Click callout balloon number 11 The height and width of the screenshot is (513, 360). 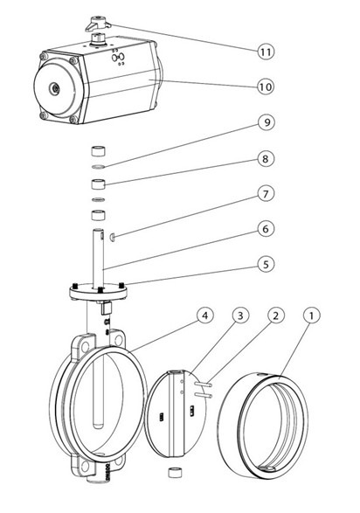(x=266, y=52)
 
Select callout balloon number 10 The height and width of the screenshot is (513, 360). (x=266, y=87)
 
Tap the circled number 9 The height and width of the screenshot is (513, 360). (x=267, y=122)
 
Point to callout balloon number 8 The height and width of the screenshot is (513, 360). (x=266, y=159)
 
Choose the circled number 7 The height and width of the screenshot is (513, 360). (x=266, y=194)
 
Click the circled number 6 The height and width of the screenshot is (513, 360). (x=266, y=229)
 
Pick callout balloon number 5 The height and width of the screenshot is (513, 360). (x=266, y=264)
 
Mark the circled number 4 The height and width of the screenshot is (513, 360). (x=205, y=315)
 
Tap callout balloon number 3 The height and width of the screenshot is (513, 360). (x=240, y=315)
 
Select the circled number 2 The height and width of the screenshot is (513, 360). (x=276, y=315)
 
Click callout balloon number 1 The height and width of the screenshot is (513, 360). (x=312, y=315)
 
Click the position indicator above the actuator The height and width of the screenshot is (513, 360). (x=98, y=24)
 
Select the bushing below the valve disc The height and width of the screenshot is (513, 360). (x=174, y=473)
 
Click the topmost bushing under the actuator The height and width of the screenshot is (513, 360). (x=98, y=151)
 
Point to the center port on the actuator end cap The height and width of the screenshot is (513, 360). (x=54, y=88)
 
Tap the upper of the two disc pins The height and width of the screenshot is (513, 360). (x=203, y=385)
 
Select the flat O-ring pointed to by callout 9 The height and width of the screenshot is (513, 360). (x=98, y=168)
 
